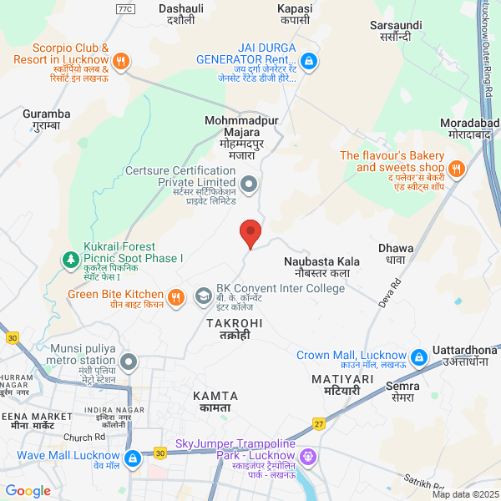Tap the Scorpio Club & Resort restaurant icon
121,60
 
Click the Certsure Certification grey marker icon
248,183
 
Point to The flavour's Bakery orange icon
456,168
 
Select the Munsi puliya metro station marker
128,362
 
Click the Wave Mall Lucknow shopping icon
132,458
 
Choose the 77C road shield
125,8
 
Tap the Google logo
28,491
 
